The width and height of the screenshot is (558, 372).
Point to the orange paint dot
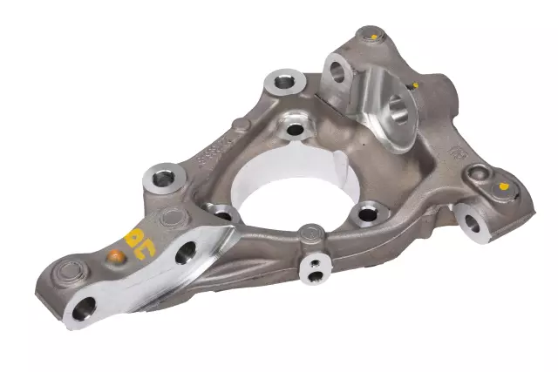click(x=113, y=256)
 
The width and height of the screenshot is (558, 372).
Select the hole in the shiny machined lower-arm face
click(x=186, y=255)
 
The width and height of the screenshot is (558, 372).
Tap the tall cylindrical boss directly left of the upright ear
click(x=284, y=84)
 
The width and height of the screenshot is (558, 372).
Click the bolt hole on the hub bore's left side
click(x=222, y=213)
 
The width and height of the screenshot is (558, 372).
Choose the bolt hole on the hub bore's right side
click(x=370, y=211)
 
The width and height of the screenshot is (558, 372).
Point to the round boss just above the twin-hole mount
click(x=311, y=233)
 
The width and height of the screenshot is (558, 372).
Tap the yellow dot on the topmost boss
click(x=373, y=37)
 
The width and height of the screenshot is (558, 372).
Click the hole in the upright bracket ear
click(x=336, y=70)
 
